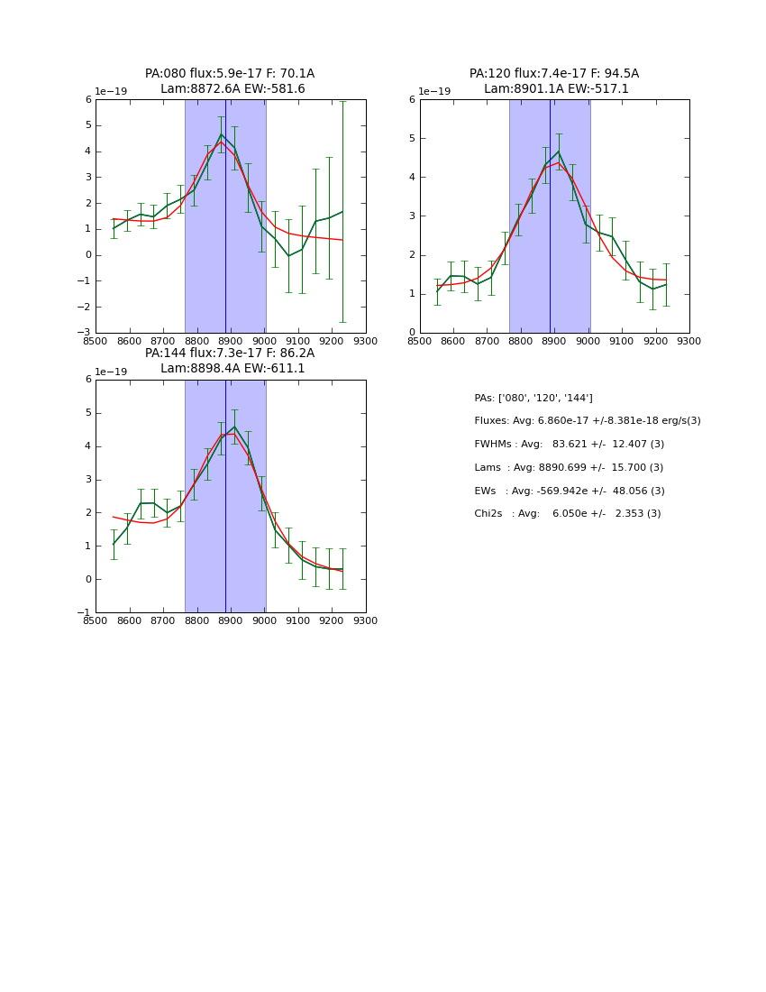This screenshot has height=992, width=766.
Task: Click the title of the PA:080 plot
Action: point(230,81)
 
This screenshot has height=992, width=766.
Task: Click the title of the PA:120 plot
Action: point(554,81)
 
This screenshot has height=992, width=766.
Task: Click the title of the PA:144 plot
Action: point(230,361)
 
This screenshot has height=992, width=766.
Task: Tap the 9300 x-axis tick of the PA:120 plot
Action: point(688,341)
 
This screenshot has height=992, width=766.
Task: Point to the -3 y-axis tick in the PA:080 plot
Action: point(87,332)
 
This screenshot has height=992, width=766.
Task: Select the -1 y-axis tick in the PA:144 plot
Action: point(87,612)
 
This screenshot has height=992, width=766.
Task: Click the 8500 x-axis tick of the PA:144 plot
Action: point(96,621)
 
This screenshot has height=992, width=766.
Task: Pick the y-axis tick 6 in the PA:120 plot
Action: point(412,99)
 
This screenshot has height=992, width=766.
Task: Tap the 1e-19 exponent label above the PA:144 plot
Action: point(112,372)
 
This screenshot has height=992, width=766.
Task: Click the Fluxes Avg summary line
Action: point(587,421)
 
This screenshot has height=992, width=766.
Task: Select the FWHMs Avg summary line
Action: point(569,445)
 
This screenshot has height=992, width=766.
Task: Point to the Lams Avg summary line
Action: point(569,468)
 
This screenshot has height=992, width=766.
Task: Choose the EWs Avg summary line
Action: point(570,491)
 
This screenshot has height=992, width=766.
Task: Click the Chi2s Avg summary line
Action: point(568,514)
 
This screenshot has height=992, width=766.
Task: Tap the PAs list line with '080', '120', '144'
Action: point(533,399)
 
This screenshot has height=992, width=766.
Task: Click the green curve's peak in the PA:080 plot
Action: point(222,134)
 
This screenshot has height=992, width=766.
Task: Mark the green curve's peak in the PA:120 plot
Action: point(559,151)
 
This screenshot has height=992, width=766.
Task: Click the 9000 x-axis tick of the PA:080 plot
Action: point(264,341)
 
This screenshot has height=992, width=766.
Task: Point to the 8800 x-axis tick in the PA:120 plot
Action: point(521,341)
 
